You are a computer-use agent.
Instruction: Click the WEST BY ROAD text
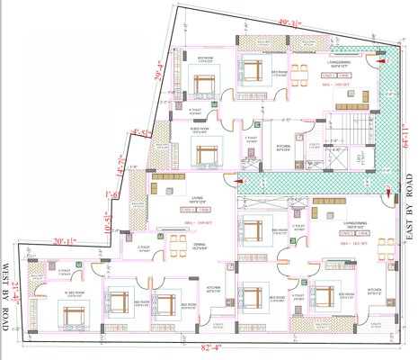6,298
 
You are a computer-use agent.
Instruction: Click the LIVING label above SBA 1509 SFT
196,194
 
